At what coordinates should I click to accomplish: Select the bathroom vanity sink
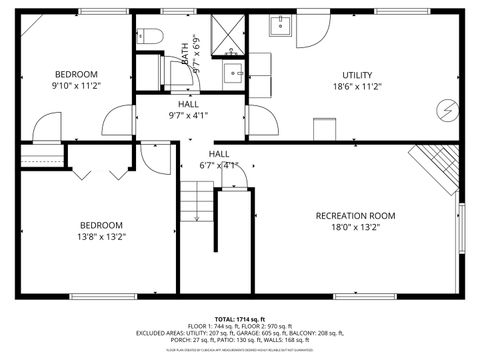[x=231, y=72]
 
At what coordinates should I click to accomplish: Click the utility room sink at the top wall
[x=279, y=28]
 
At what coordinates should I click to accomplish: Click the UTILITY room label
[x=356, y=75]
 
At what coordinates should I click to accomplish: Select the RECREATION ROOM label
[x=355, y=216]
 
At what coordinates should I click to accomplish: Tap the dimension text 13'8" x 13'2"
[x=102, y=236]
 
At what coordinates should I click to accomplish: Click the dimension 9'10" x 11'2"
[x=76, y=86]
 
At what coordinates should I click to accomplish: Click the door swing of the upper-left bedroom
[x=46, y=127]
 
